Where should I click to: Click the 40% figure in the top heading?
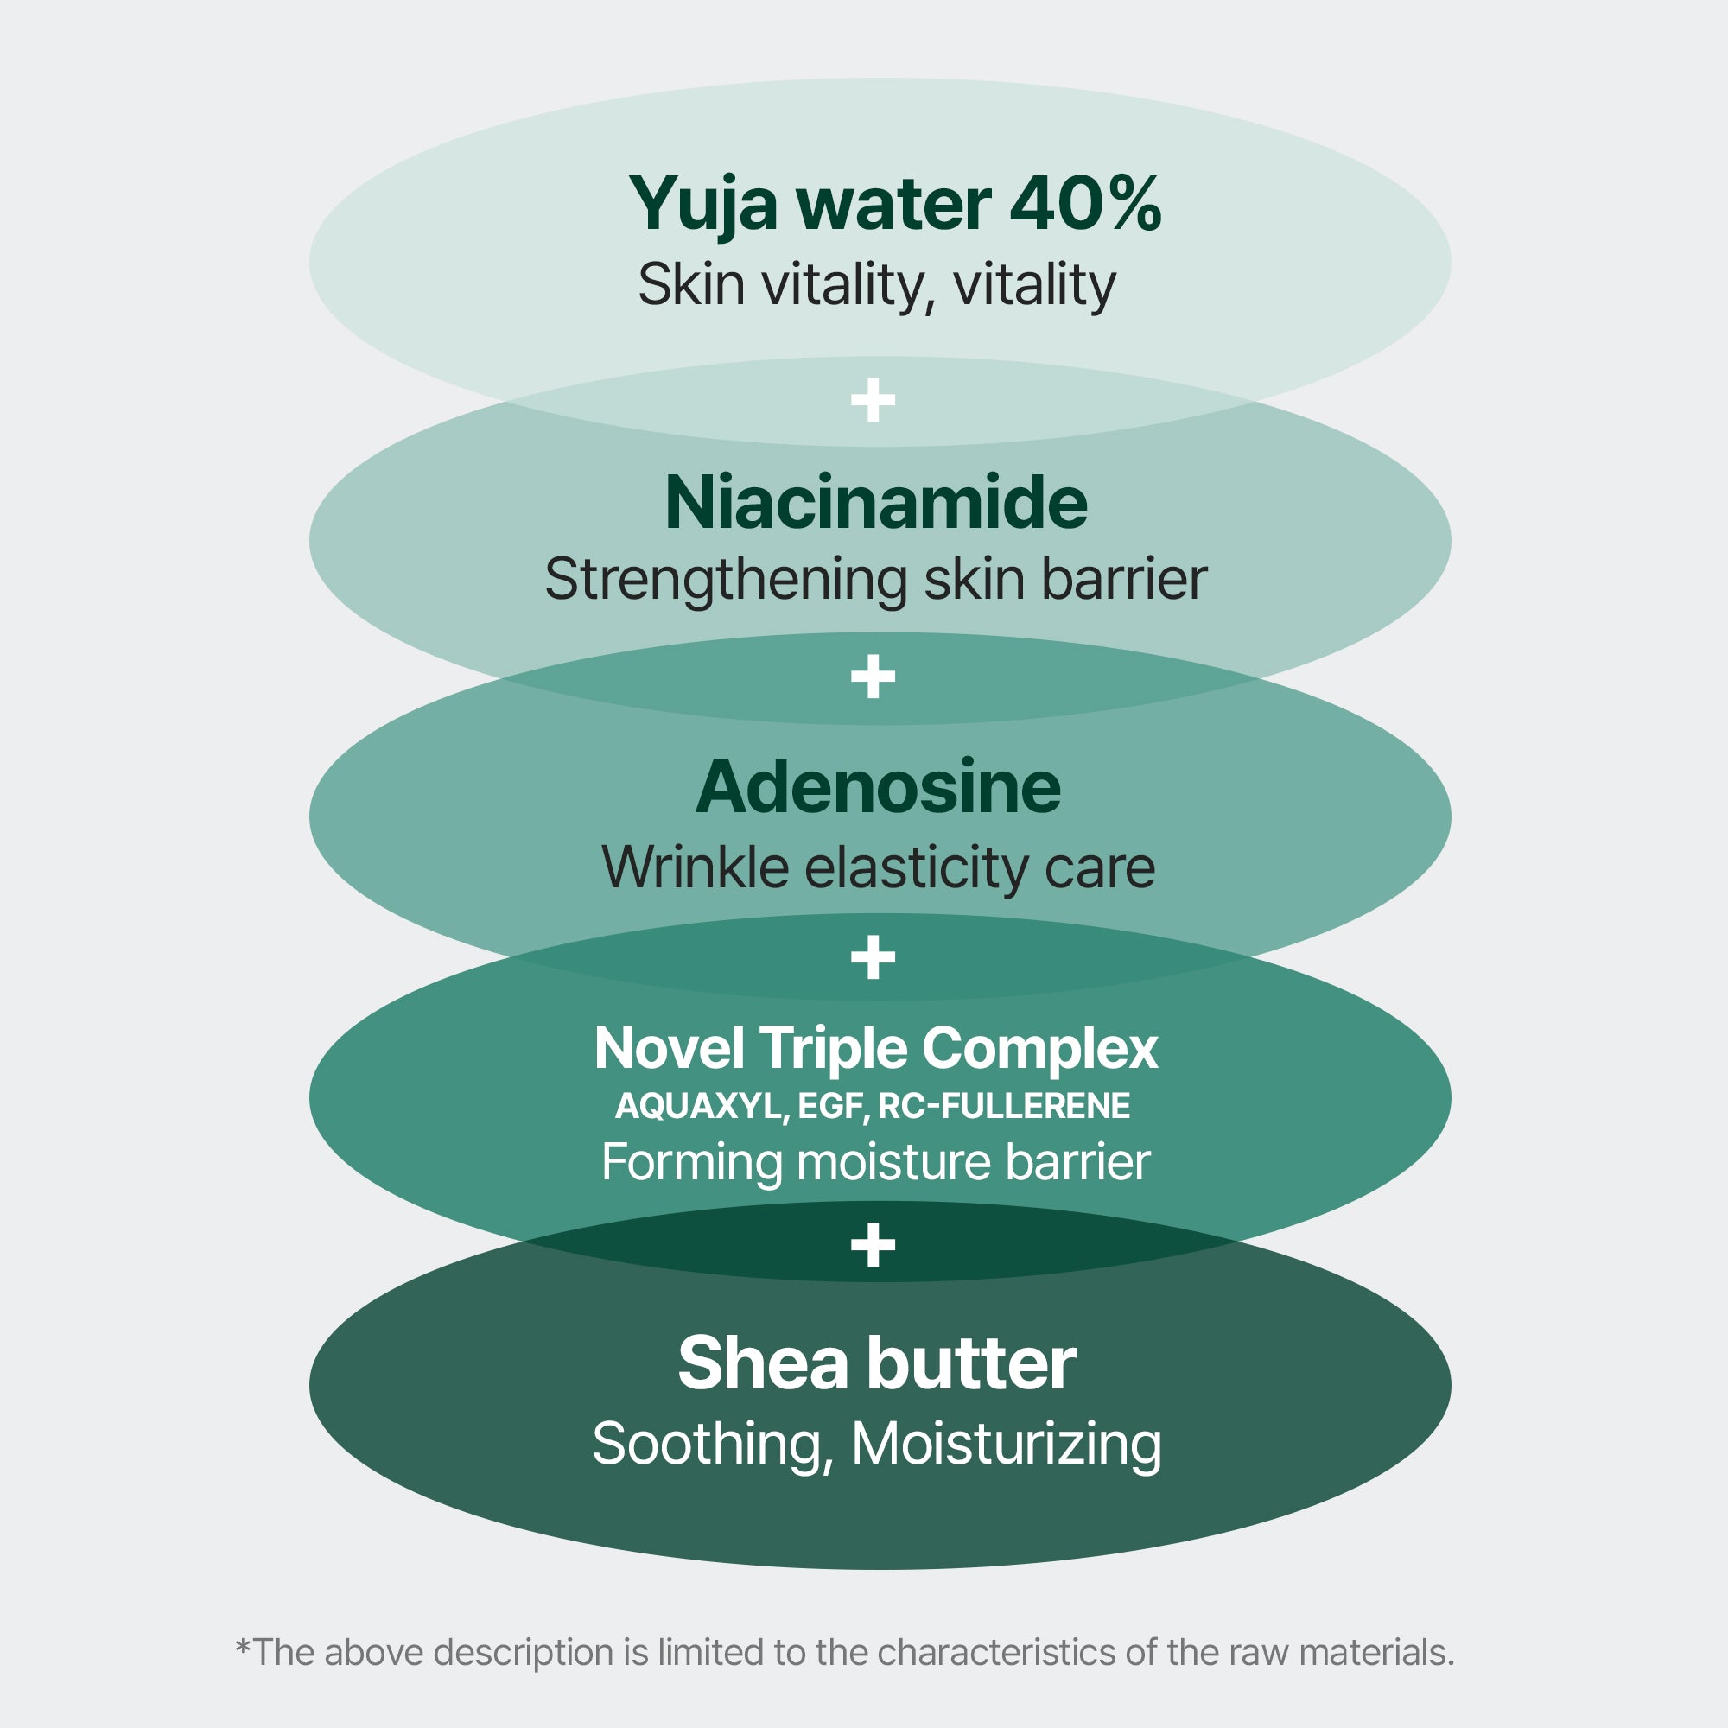click(1085, 204)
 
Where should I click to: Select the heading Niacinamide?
click(875, 503)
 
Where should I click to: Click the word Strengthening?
click(727, 581)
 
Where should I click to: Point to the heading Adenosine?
click(878, 788)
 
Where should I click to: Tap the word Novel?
click(669, 1048)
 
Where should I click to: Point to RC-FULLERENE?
click(1003, 1107)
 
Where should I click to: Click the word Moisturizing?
click(1007, 1445)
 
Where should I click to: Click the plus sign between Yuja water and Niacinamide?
click(873, 400)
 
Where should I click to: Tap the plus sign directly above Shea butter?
click(873, 1245)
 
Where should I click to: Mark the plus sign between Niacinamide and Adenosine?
click(873, 677)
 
